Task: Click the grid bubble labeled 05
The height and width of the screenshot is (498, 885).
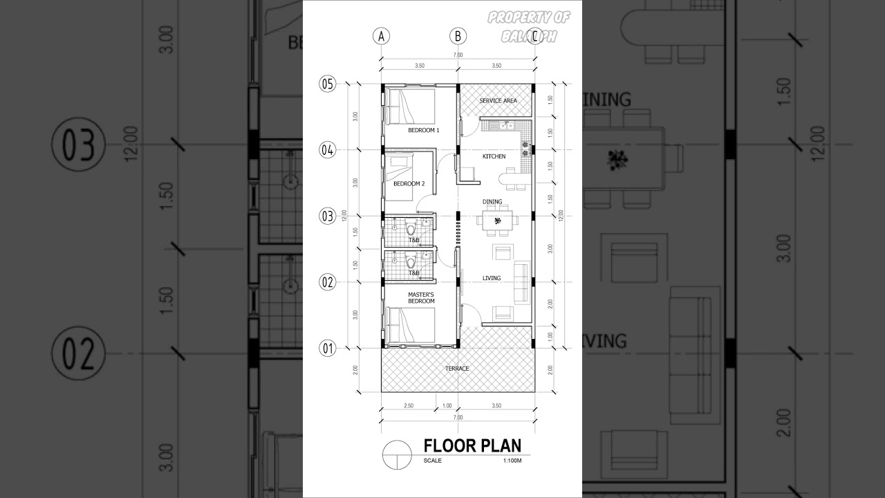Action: [x=327, y=84]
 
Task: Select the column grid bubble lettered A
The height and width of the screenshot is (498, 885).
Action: [x=381, y=37]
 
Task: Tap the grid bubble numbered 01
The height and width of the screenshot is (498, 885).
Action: [x=327, y=348]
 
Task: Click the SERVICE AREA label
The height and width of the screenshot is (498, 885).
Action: [x=498, y=101]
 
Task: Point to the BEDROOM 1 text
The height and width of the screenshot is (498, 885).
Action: [x=424, y=130]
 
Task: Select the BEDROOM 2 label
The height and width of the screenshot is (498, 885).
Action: [x=409, y=184]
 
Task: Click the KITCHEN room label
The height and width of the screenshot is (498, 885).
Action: [x=494, y=156]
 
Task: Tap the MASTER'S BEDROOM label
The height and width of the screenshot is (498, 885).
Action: [x=420, y=298]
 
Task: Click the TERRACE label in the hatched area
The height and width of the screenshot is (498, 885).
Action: [x=457, y=369]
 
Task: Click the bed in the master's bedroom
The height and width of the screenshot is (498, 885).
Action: [x=411, y=325]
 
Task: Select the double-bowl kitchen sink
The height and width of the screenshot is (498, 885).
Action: [x=505, y=125]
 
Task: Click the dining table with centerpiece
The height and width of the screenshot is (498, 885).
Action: [x=496, y=221]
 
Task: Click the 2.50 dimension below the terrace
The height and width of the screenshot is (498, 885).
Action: [x=409, y=405]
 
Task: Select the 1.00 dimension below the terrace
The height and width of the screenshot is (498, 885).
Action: [x=447, y=405]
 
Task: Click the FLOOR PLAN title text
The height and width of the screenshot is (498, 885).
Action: [x=472, y=445]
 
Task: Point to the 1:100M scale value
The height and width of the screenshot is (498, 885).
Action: [x=512, y=461]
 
